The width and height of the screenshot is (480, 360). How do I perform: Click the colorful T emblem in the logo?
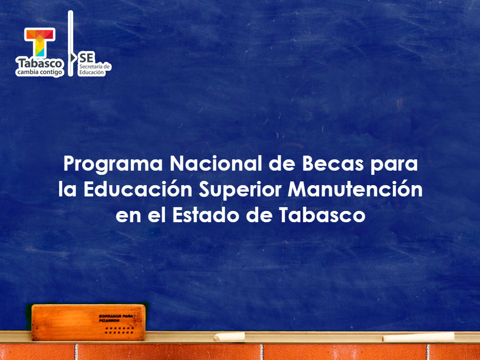40,42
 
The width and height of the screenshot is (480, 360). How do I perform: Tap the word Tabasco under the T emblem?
40,63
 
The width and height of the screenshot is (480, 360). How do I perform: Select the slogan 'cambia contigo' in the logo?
40,72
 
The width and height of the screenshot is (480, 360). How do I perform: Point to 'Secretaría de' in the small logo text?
95,67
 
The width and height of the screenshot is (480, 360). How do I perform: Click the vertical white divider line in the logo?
71,43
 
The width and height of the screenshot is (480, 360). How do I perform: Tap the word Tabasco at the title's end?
323,215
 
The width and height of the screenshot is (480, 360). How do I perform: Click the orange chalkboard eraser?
88,322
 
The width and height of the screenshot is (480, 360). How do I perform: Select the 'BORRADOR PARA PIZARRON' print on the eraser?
116,318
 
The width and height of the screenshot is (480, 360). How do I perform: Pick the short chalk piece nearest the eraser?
230,337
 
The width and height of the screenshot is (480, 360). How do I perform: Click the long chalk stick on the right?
419,337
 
